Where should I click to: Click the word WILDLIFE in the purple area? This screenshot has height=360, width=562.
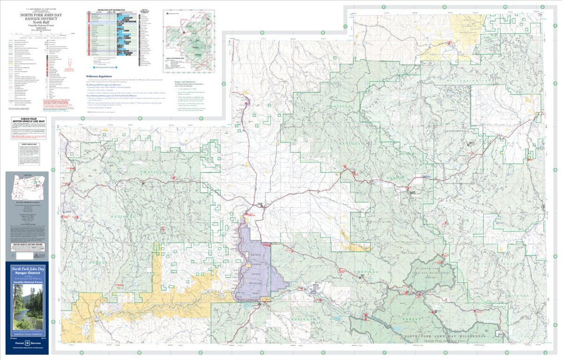[256, 284]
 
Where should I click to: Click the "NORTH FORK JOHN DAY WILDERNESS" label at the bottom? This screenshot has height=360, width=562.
[444, 337]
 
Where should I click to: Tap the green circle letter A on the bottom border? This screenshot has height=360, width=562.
[82, 352]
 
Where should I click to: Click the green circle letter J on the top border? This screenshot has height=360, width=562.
[542, 7]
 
